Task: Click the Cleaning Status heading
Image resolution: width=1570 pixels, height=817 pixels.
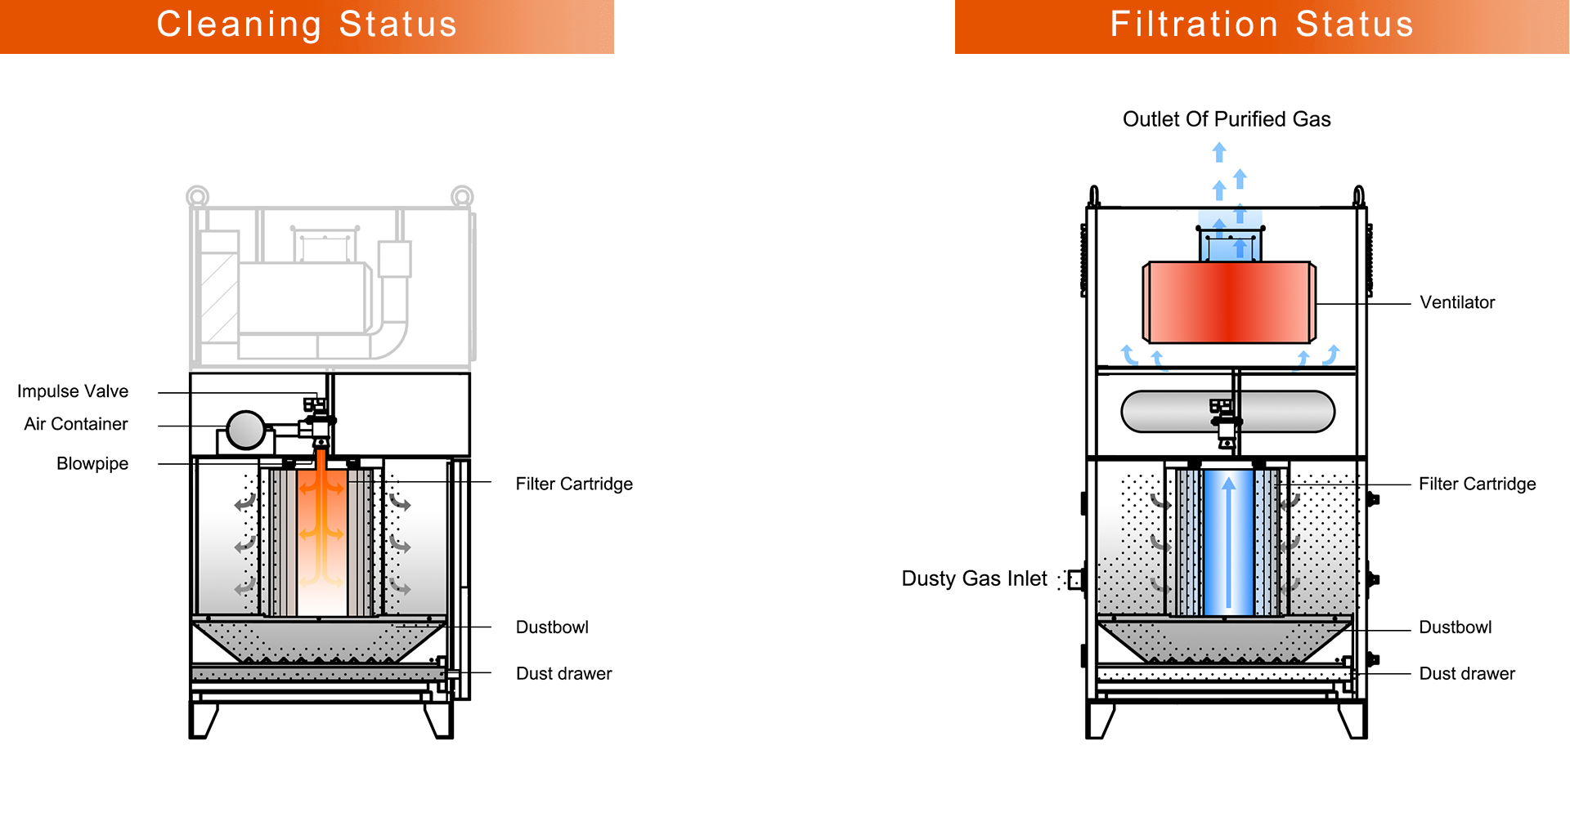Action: tap(307, 25)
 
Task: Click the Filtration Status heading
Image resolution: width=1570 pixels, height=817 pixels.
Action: tap(1262, 25)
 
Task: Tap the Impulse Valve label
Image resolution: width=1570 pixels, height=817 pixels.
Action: tap(73, 391)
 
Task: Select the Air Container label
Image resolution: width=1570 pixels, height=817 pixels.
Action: tap(76, 424)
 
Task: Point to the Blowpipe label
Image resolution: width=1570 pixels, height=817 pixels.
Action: tap(92, 463)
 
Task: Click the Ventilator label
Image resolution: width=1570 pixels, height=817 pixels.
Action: tap(1457, 302)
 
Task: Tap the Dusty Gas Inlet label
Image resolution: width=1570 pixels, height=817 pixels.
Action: tap(974, 578)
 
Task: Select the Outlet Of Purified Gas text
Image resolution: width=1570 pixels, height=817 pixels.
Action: tap(1227, 119)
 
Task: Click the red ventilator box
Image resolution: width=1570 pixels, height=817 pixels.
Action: tap(1228, 302)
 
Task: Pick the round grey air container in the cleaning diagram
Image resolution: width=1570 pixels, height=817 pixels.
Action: tap(245, 430)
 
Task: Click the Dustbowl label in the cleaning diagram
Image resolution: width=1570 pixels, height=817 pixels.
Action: tap(552, 627)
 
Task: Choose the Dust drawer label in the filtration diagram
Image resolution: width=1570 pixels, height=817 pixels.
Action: tap(1467, 674)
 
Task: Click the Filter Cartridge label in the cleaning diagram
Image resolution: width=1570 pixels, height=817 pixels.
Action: tap(574, 484)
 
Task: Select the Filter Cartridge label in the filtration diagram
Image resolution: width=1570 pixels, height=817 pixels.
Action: tap(1477, 484)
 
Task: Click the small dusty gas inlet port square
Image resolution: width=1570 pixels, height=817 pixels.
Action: tap(1076, 579)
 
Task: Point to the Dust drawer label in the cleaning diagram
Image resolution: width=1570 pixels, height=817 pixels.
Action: tap(563, 674)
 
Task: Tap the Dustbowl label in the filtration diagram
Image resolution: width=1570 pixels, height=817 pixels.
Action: tap(1455, 627)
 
